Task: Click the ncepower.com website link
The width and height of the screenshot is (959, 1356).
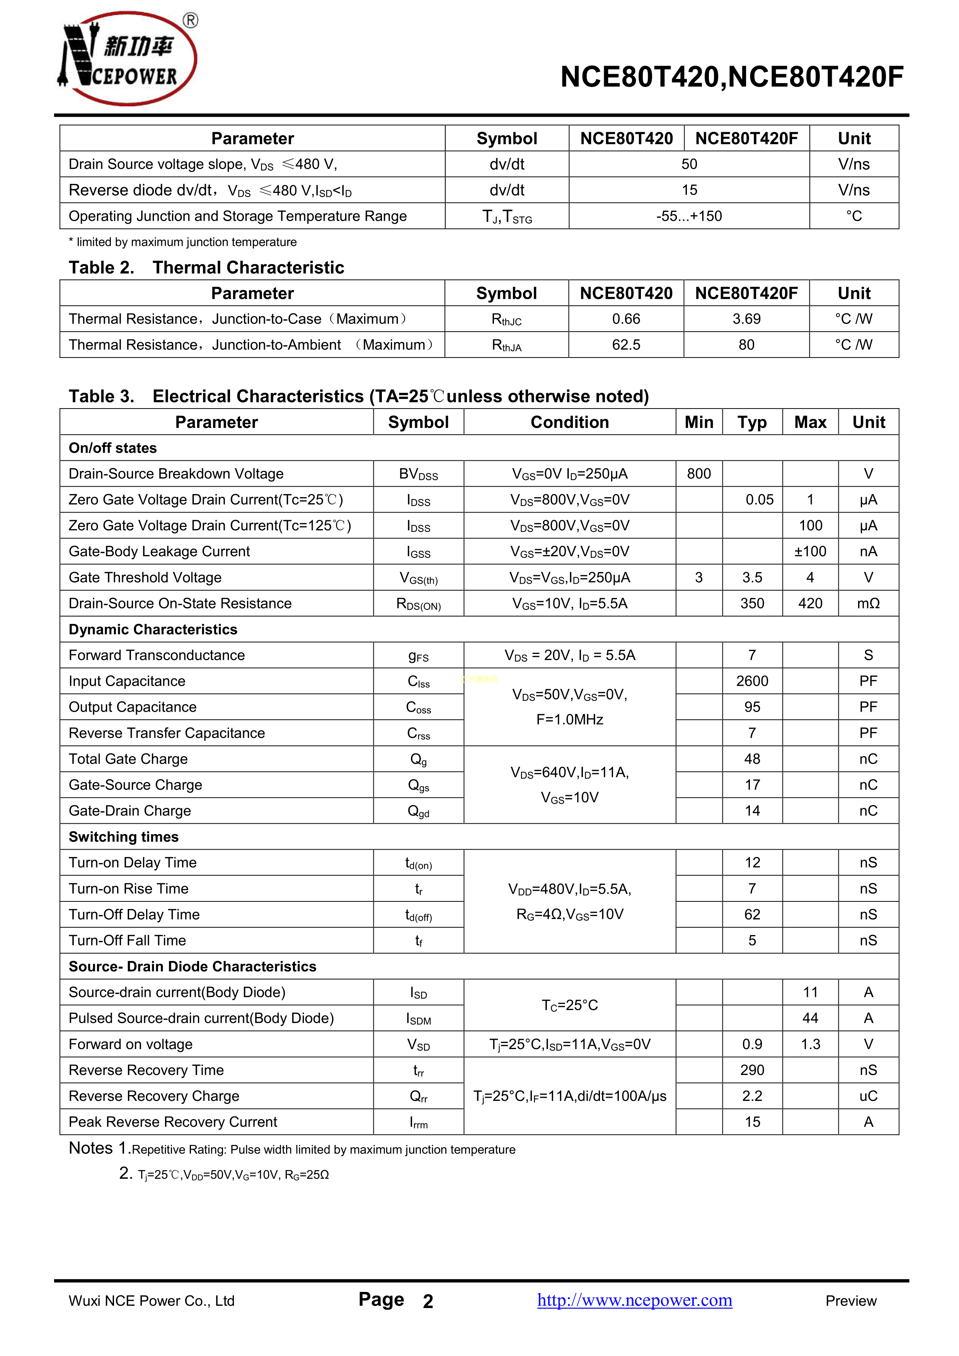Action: (x=634, y=1300)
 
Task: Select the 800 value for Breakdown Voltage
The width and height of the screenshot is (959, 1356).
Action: (x=698, y=474)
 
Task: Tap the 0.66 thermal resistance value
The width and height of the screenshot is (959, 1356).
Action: (x=626, y=319)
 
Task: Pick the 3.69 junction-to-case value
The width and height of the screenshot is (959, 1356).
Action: (x=746, y=319)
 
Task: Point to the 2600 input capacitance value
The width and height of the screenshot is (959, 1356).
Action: (x=752, y=681)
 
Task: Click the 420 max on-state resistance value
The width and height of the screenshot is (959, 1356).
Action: (x=810, y=603)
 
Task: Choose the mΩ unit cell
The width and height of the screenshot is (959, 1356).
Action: (x=868, y=603)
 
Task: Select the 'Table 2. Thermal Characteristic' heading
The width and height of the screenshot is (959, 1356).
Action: (x=207, y=267)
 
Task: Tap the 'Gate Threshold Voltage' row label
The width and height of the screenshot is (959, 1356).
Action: (x=145, y=577)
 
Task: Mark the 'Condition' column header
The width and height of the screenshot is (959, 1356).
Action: (x=569, y=422)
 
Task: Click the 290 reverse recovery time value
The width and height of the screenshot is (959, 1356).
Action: (x=752, y=1070)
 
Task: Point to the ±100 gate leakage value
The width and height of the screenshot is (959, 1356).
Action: (x=810, y=552)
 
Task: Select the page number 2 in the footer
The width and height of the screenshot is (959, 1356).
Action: (x=428, y=1301)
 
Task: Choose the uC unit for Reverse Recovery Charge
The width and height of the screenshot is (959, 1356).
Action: (x=868, y=1096)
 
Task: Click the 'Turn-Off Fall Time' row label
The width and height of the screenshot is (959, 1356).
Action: (x=128, y=940)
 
